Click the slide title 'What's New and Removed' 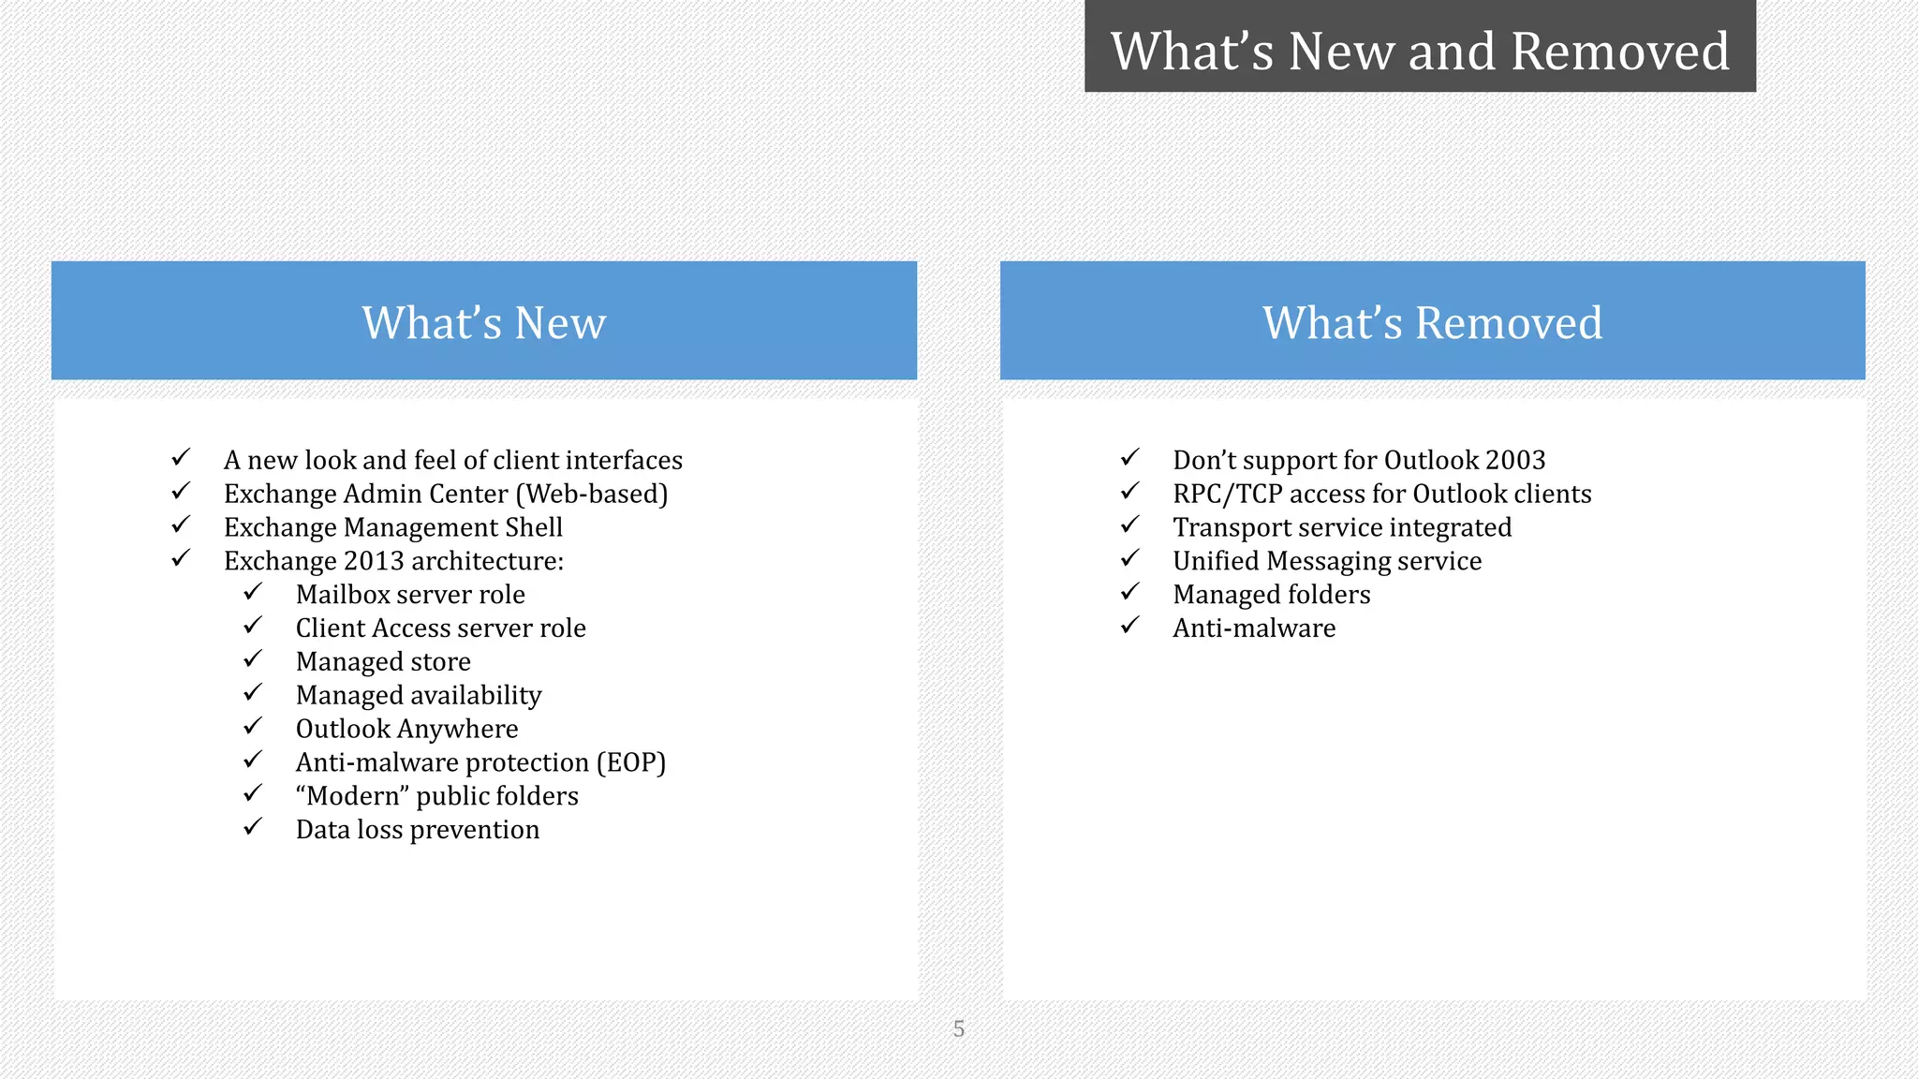pos(1419,51)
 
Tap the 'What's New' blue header pos(483,321)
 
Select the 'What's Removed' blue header pos(1432,321)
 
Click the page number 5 pos(958,1028)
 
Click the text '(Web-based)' pos(592,494)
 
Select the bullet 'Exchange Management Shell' pos(393,527)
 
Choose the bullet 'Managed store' pos(383,661)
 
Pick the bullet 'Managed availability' pos(419,695)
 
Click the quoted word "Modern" pos(352,796)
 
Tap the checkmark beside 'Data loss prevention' pos(253,828)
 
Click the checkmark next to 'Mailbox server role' pos(253,593)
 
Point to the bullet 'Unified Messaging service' pos(1327,561)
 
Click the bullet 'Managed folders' pos(1271,595)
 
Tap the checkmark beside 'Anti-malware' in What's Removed pos(1130,626)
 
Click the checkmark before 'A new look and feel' pos(181,458)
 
